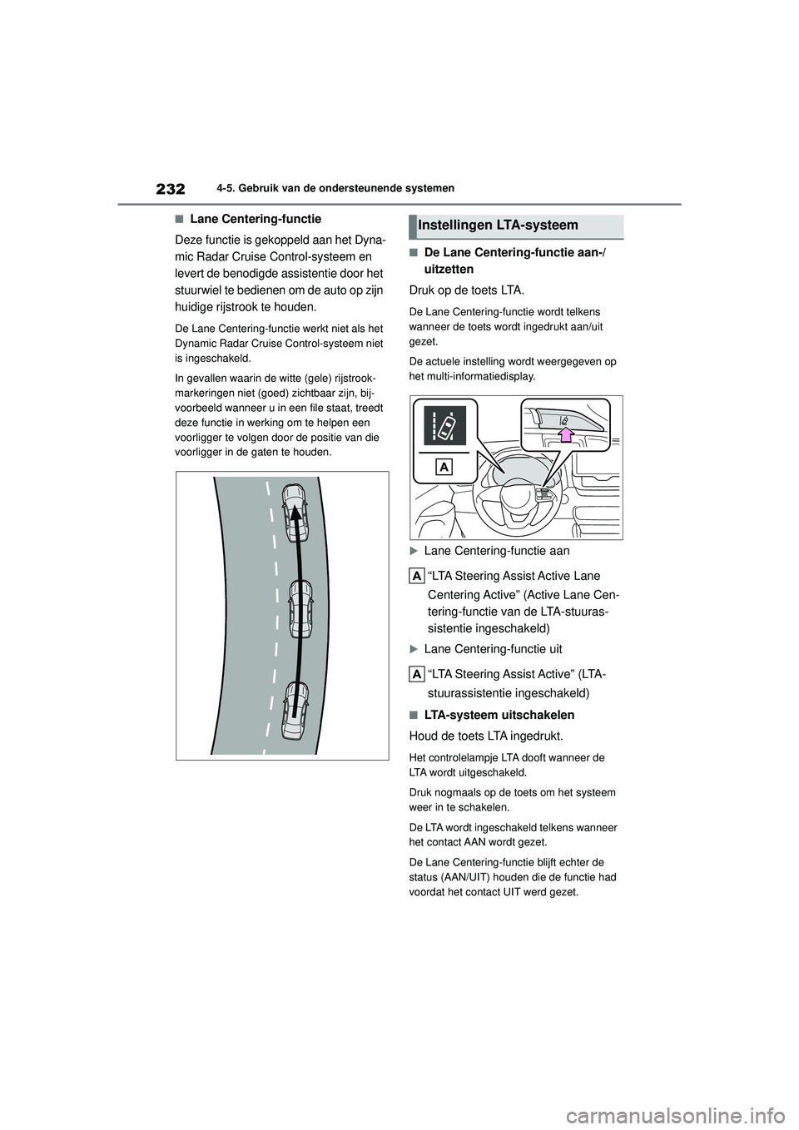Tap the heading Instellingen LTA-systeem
point(499,225)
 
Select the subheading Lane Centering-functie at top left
point(256,220)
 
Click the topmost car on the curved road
point(295,507)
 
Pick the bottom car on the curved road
point(295,709)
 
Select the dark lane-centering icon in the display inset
point(444,425)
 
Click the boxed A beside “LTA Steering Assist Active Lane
point(417,575)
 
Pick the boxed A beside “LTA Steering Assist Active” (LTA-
point(417,673)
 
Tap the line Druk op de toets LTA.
point(466,290)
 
